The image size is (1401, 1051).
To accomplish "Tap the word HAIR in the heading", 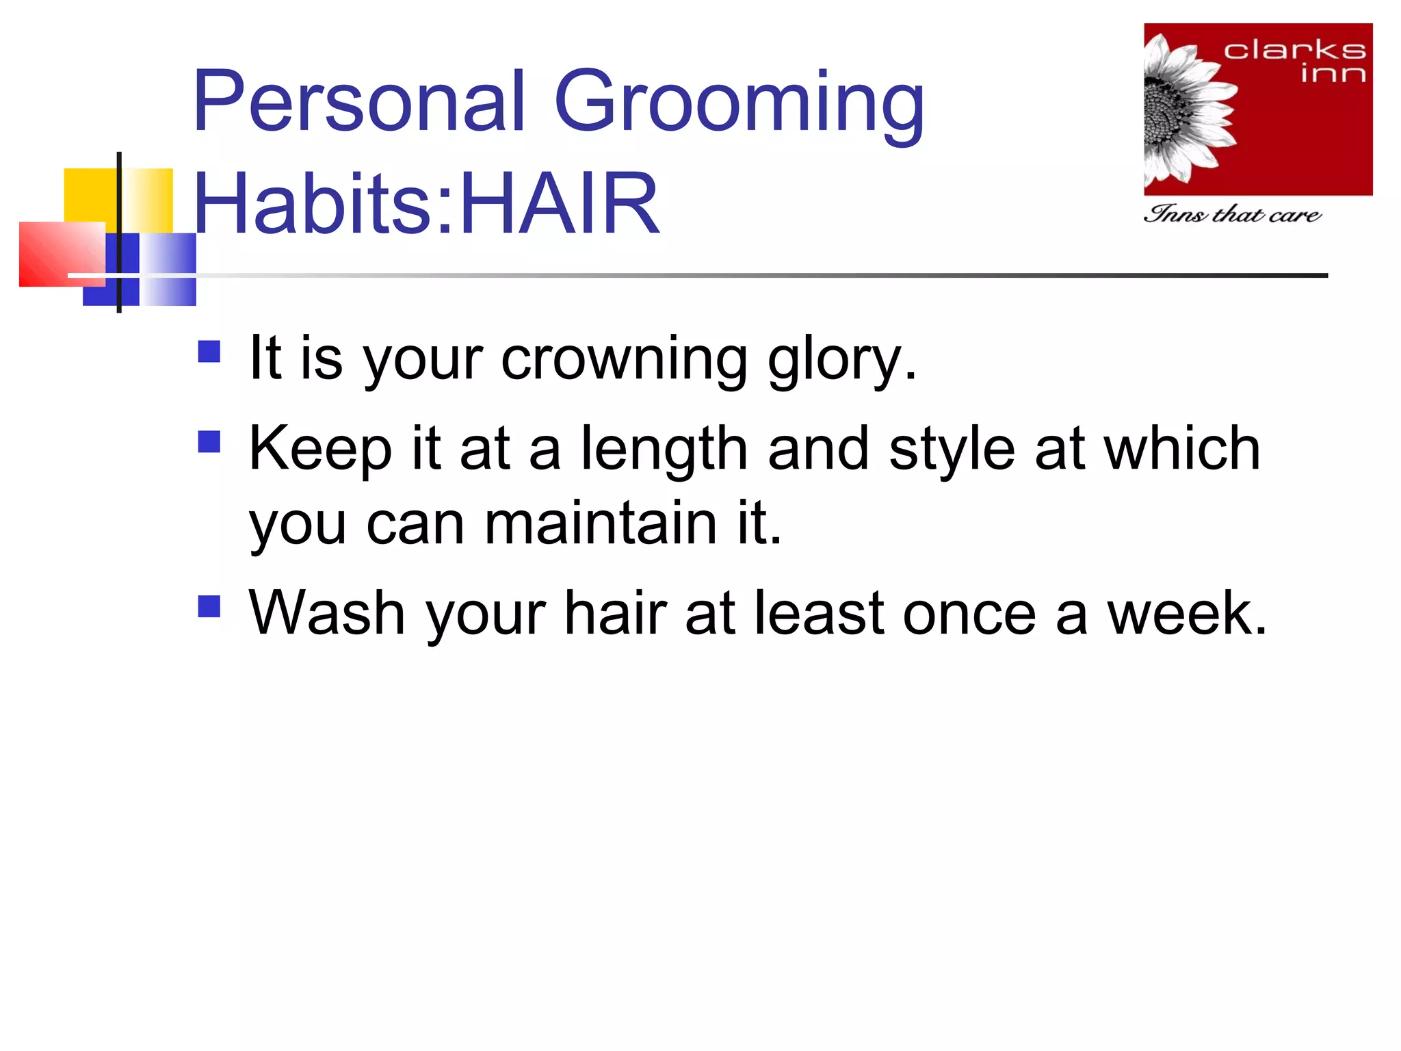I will (560, 204).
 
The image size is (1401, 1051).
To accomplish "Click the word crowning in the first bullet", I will (624, 359).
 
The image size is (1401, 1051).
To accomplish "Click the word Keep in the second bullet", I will (320, 450).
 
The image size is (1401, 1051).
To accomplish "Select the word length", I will (664, 450).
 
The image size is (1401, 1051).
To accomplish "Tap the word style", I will (952, 450).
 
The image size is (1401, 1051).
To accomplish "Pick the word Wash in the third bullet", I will (326, 613).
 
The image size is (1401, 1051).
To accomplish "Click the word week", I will (1187, 613).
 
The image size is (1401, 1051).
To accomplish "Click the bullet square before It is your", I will (209, 352).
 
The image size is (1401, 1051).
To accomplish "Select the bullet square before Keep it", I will (209, 442).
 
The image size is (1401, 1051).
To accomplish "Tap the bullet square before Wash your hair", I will (209, 606).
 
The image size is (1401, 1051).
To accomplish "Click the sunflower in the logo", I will (1183, 109).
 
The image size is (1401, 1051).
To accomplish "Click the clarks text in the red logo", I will (1294, 50).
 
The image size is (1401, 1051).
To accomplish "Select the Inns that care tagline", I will (1231, 214).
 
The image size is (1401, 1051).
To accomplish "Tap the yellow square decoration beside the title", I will (90, 194).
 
